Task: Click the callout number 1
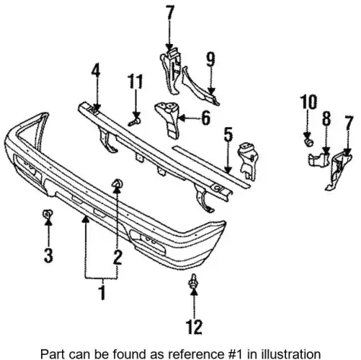point(103,292)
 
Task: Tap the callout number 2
point(118,257)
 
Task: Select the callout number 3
point(48,255)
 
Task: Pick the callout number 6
point(206,118)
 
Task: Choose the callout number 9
point(211,59)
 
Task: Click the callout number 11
point(135,81)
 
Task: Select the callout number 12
point(194,327)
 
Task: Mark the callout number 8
point(326,118)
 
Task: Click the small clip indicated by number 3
point(48,213)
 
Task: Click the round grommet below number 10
point(309,142)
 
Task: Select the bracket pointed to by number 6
point(168,118)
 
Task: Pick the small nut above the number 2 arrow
point(118,184)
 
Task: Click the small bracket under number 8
point(318,159)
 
